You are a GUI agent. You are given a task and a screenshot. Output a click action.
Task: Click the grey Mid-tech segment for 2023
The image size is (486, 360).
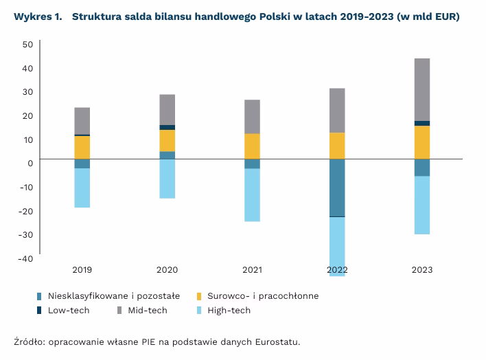(422, 89)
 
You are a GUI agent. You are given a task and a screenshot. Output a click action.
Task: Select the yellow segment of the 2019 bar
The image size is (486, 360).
(82, 146)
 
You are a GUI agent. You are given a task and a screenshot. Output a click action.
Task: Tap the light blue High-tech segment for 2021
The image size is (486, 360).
(253, 194)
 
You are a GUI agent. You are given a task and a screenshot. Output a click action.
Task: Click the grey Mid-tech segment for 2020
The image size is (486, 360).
(167, 109)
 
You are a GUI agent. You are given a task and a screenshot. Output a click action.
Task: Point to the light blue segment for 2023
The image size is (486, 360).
(422, 205)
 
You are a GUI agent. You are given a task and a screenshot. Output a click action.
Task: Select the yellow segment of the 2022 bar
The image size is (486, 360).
(337, 146)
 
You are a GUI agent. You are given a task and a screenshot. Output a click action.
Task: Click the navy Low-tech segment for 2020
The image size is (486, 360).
(167, 127)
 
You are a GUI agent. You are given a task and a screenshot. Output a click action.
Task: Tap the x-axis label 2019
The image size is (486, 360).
(82, 270)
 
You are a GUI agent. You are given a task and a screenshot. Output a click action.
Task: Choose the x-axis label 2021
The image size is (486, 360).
(253, 270)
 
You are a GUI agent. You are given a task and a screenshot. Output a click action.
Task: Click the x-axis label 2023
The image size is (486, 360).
(422, 270)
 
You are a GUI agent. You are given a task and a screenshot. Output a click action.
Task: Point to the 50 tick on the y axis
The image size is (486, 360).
(27, 44)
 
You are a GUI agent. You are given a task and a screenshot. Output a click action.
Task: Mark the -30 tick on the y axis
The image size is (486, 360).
(26, 234)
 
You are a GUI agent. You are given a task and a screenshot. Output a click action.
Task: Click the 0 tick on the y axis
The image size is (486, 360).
(30, 163)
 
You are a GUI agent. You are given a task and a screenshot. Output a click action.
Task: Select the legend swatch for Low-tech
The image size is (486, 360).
(40, 311)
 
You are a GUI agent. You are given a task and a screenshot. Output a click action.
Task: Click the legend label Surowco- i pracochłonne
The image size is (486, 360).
(263, 296)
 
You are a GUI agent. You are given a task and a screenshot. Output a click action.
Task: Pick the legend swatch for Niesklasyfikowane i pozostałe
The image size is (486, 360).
(40, 296)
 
